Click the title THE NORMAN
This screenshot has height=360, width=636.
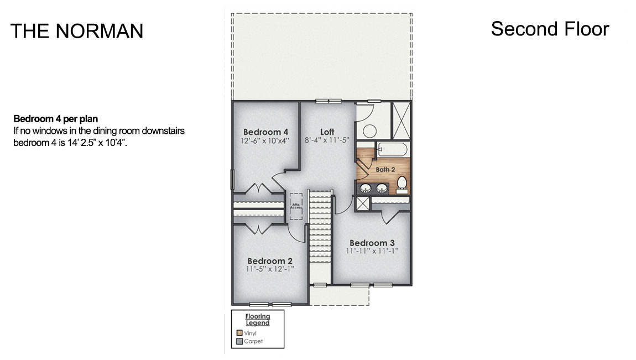pyautogui.click(x=77, y=31)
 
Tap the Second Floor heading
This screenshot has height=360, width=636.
pyautogui.click(x=550, y=29)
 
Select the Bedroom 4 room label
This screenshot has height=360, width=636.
pyautogui.click(x=265, y=132)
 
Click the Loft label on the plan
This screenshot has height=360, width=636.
pyautogui.click(x=327, y=132)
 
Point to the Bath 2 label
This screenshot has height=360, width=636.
pyautogui.click(x=385, y=169)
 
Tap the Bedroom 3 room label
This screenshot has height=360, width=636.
pyautogui.click(x=372, y=243)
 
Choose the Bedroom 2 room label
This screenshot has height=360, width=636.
pyautogui.click(x=269, y=261)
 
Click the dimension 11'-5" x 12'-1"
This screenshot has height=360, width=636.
pyautogui.click(x=270, y=269)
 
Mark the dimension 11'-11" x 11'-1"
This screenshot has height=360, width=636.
pyautogui.click(x=372, y=251)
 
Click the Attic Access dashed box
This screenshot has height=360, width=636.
pyautogui.click(x=296, y=206)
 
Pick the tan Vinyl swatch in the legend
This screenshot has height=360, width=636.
pyautogui.click(x=239, y=333)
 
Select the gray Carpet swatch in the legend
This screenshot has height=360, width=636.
pyautogui.click(x=239, y=341)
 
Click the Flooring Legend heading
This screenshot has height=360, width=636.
pyautogui.click(x=257, y=320)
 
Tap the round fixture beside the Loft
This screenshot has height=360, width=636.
pyautogui.click(x=369, y=131)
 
